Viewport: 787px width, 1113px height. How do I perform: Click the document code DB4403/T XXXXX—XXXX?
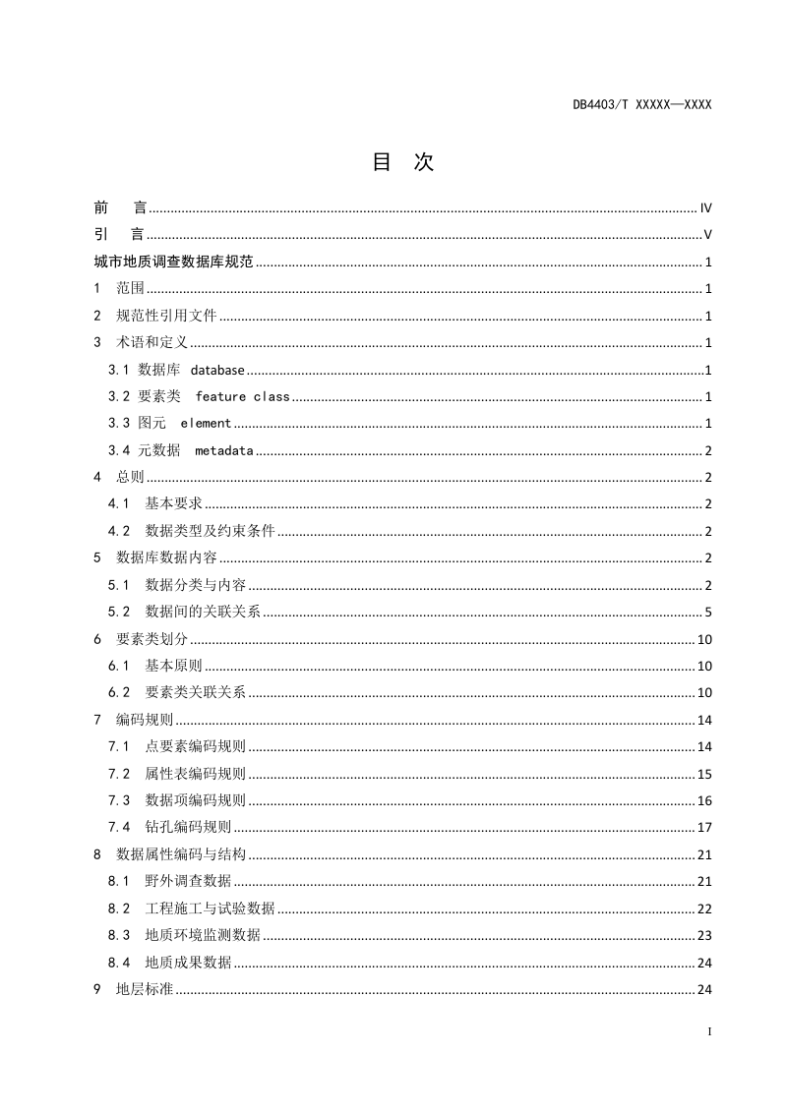641,103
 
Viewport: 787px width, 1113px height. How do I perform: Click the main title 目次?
402,163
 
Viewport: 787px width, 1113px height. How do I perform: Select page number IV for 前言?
705,208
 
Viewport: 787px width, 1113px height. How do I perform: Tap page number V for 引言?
708,235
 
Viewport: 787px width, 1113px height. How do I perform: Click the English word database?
217,371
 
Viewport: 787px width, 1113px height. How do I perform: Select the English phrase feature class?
242,397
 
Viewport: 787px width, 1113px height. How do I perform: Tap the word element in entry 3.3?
206,424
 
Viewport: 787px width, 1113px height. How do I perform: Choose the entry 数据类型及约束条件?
210,532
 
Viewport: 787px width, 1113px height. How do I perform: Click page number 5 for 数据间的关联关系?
708,613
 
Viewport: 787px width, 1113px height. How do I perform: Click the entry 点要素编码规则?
195,747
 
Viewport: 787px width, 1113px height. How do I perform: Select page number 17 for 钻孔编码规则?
704,828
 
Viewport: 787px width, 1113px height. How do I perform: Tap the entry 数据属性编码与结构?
180,854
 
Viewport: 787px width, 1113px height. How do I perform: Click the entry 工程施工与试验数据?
210,908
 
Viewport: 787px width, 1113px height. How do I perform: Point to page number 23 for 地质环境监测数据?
704,935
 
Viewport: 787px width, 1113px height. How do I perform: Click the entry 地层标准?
145,989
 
